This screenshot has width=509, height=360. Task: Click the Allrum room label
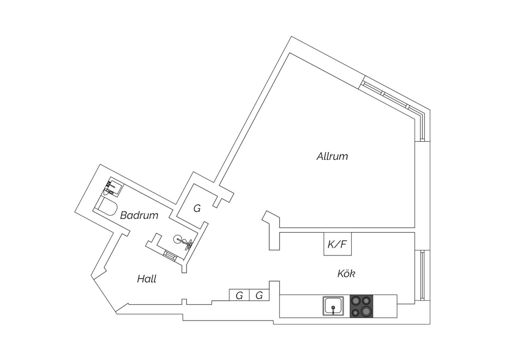tap(332, 157)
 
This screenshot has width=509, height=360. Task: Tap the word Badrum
tap(139, 215)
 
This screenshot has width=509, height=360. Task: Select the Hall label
tap(147, 279)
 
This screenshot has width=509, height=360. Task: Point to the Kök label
tap(346, 273)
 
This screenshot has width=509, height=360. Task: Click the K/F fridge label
tap(337, 244)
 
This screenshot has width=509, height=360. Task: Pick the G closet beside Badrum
tap(197, 208)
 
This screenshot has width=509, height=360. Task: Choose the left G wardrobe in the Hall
tap(239, 295)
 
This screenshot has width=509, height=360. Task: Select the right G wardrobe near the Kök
tap(259, 295)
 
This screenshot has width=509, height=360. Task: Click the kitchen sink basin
tap(333, 306)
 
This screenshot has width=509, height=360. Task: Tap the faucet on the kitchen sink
tap(333, 310)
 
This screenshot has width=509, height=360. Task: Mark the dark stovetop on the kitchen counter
tap(361, 306)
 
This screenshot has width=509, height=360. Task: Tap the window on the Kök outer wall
tap(422, 275)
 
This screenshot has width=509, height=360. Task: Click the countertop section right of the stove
tap(385, 306)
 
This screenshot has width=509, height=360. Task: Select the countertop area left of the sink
tap(301, 306)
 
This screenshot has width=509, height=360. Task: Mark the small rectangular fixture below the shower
tap(170, 255)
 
